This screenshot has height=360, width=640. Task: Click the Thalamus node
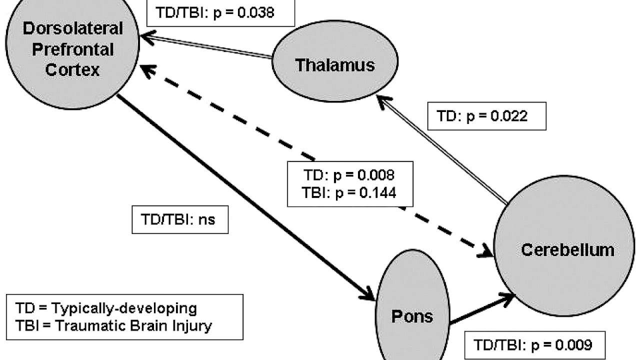point(334,65)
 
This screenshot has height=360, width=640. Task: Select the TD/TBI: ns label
point(180,219)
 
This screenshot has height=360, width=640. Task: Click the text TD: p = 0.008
point(350,175)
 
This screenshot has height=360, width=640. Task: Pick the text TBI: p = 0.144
point(350,192)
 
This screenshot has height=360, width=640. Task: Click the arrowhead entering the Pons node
point(368,294)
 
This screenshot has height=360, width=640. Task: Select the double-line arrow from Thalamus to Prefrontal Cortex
point(205,45)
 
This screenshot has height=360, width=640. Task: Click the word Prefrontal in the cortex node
point(72,49)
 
